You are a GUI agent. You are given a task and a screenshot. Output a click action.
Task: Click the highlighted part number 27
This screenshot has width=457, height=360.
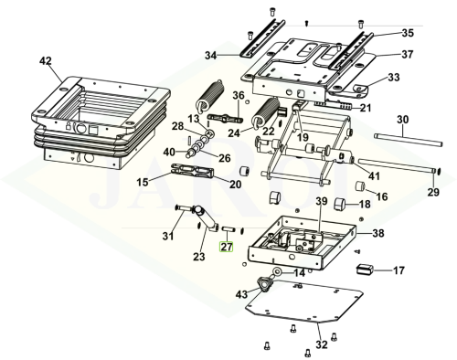click(x=227, y=247)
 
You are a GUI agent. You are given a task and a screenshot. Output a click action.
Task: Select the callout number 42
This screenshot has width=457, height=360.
click(x=46, y=61)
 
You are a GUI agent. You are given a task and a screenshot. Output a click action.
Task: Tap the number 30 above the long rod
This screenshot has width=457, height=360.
click(x=402, y=120)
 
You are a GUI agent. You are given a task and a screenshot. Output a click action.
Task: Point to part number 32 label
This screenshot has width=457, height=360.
click(x=322, y=344)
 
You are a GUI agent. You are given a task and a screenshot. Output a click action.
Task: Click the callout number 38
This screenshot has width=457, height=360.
click(x=378, y=233)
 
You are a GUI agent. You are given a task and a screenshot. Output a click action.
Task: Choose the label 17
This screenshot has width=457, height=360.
click(x=399, y=270)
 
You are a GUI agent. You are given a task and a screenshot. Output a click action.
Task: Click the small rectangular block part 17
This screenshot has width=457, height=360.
click(x=365, y=270)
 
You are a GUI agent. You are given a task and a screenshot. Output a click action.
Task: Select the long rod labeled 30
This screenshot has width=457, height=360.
click(x=409, y=139)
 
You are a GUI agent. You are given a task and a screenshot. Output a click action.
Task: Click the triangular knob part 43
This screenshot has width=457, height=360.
click(x=264, y=284)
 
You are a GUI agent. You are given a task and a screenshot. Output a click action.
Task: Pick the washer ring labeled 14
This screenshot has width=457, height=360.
click(x=278, y=270)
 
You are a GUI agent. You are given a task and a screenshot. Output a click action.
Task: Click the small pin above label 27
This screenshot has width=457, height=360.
click(x=228, y=228)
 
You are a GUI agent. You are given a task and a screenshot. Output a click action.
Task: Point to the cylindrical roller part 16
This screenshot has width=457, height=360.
click(x=361, y=185)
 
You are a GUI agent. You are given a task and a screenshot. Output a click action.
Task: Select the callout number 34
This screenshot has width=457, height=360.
click(x=210, y=56)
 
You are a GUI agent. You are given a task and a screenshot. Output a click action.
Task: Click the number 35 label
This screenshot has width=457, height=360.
click(x=408, y=33)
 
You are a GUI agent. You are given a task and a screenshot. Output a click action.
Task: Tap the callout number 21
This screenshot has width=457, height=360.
click(x=366, y=108)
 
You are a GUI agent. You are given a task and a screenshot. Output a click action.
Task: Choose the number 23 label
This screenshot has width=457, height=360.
click(x=199, y=257)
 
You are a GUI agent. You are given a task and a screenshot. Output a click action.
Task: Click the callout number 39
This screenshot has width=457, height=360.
click(x=322, y=201)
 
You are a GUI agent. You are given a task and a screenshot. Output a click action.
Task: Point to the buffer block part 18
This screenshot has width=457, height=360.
click(x=340, y=204)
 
